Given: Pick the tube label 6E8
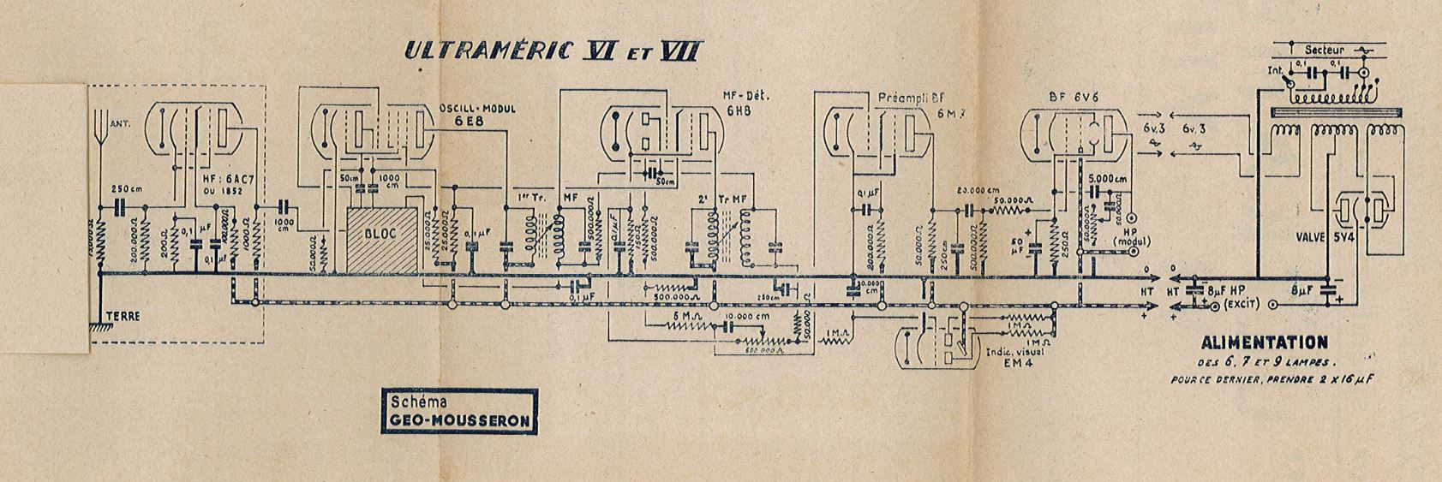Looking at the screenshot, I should click(x=470, y=122).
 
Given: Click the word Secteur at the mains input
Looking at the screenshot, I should click(x=1325, y=50).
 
